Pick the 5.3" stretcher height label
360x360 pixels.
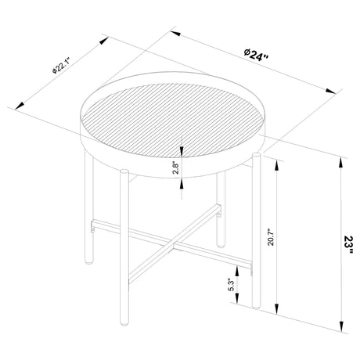(230, 286)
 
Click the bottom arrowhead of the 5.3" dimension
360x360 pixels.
(239, 308)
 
